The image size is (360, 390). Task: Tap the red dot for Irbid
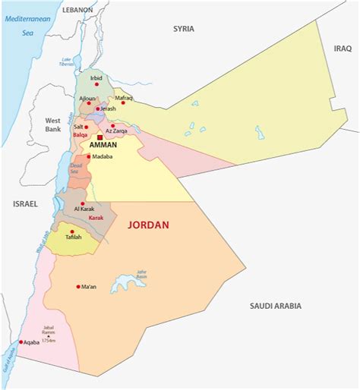(96, 83)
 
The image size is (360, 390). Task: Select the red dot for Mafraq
(123, 103)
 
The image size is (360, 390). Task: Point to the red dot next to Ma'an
(78, 287)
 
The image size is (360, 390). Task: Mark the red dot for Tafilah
(72, 231)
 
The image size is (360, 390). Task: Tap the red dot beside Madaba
(89, 156)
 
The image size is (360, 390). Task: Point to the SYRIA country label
(183, 29)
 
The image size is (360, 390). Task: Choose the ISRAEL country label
(25, 204)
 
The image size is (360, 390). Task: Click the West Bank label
(52, 124)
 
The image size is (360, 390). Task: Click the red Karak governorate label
(96, 218)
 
